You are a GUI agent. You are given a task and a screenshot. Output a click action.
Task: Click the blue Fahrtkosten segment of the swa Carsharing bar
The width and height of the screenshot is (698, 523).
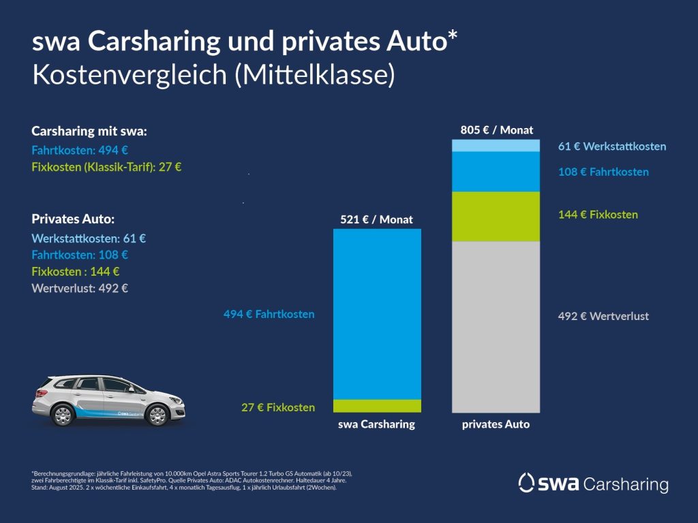(377, 313)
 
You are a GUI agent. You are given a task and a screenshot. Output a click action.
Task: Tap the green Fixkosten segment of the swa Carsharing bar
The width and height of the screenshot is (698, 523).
(377, 406)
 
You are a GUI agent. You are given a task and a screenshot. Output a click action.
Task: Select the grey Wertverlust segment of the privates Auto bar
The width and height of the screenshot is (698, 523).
(496, 327)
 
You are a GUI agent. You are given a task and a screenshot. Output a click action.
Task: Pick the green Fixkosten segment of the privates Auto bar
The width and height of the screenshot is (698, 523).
(496, 217)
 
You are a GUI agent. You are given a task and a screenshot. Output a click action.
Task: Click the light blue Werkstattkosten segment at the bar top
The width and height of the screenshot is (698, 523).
(496, 146)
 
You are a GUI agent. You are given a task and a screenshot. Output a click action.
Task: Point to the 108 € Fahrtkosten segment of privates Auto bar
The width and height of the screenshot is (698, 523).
(496, 172)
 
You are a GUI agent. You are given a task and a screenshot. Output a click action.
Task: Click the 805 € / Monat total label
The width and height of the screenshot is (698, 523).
(497, 129)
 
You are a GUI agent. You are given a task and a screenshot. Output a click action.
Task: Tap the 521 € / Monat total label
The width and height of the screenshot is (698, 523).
(376, 219)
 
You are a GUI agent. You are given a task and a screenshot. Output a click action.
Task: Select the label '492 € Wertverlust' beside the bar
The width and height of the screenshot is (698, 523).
(603, 316)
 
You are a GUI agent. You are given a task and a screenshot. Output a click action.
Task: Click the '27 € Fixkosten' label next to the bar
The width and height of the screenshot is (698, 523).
(278, 407)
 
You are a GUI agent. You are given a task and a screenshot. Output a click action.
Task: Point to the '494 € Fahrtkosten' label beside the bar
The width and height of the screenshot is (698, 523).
(269, 314)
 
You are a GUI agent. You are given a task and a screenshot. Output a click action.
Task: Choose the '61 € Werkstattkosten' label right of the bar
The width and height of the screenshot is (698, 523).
(611, 146)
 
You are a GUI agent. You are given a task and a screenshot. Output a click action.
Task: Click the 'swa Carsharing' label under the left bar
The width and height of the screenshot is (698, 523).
(376, 424)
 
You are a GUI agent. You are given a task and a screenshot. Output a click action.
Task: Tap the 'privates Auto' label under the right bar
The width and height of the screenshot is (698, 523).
(496, 424)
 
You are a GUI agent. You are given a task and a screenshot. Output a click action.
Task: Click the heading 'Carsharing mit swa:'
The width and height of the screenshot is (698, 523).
(89, 131)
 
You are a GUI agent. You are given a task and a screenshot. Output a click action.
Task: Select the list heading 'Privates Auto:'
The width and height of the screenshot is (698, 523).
(73, 219)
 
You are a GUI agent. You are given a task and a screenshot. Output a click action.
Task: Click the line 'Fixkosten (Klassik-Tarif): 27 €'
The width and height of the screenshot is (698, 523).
(106, 167)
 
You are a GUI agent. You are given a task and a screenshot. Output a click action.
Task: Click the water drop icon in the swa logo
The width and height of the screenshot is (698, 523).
(526, 483)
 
